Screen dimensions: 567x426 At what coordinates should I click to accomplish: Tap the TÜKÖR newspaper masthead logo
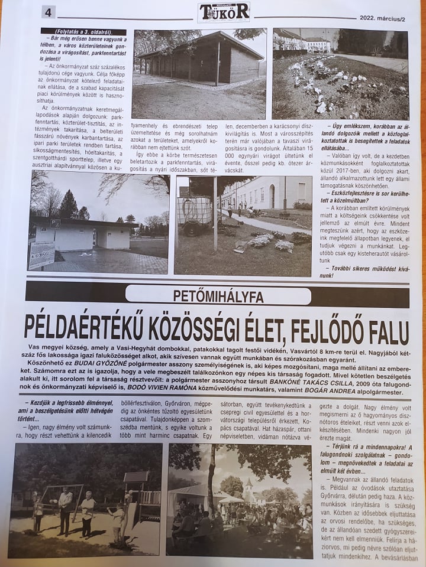pos(224,11)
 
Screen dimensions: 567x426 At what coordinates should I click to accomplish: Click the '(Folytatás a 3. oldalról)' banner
pos(83,31)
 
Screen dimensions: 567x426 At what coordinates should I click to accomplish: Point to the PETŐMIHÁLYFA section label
pos(218,294)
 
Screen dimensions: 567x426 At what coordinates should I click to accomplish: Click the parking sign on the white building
pos(56,224)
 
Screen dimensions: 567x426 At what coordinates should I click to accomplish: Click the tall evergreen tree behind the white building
pos(68,204)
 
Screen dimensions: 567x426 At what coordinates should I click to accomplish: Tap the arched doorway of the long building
pos(272,196)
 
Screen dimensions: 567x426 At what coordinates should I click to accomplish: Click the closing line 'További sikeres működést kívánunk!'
pos(367,270)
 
